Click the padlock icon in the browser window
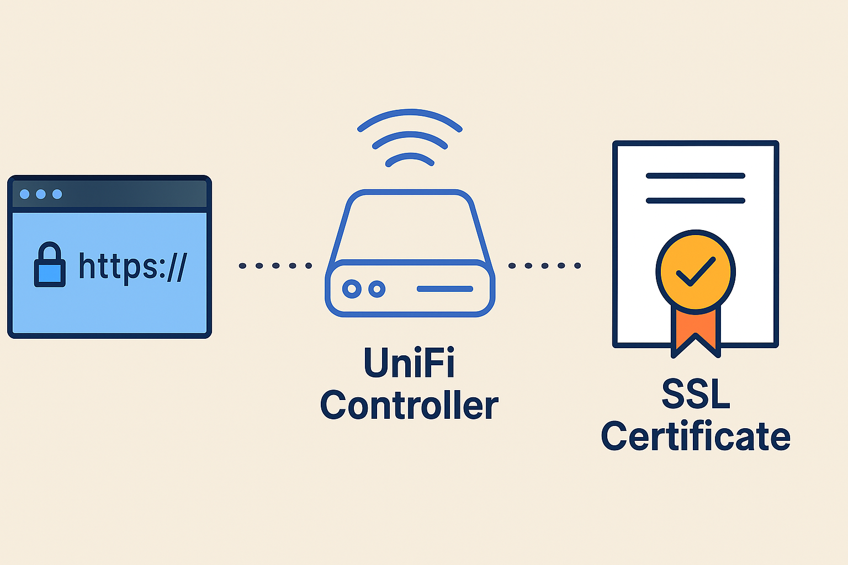coord(50,266)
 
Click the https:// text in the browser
coord(133,266)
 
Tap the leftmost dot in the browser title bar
coord(24,194)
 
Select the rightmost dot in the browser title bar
coord(57,194)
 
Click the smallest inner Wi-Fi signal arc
coord(410,156)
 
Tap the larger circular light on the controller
coord(352,289)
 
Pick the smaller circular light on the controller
coord(377,289)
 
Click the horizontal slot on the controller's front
coord(445,289)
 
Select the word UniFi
coord(409,363)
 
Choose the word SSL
coord(696,394)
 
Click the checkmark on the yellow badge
coord(696,271)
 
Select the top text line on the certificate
coord(696,176)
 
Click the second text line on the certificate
coord(696,201)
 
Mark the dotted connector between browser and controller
coord(275,266)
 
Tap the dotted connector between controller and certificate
coord(545,266)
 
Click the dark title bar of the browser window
coord(132,194)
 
